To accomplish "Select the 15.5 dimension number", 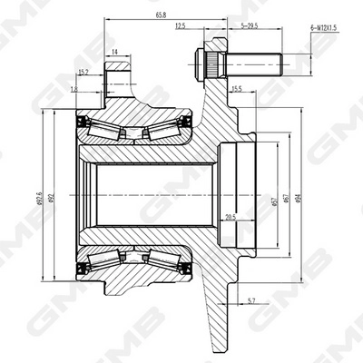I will pos(237,89).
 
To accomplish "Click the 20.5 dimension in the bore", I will pos(231,215).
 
